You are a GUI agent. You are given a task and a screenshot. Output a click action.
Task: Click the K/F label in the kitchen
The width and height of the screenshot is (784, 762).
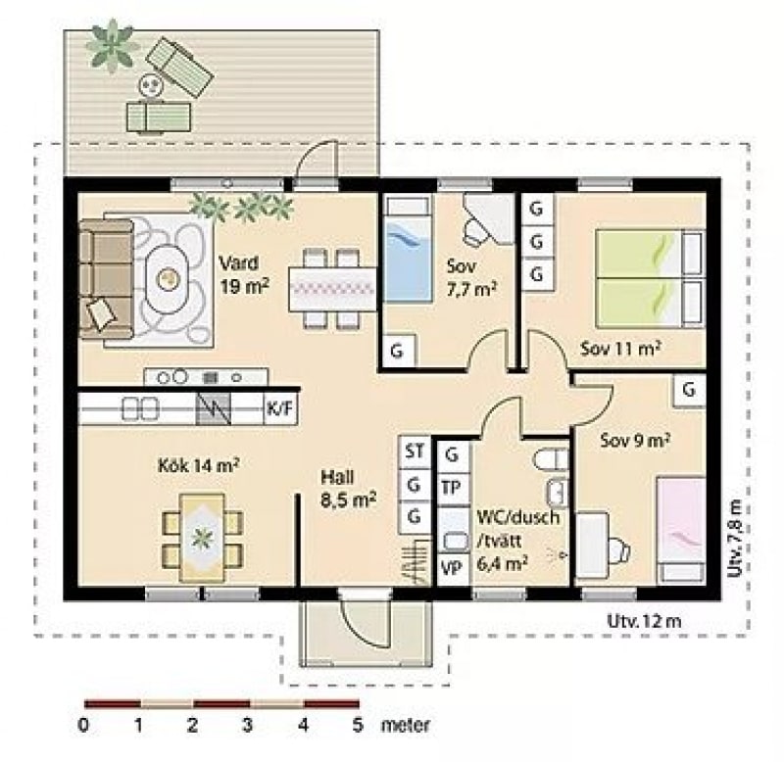point(279,408)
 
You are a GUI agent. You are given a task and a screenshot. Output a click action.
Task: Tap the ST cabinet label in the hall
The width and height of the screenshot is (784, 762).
point(415,452)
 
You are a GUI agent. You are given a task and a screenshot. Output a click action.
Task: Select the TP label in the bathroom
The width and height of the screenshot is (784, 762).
point(451,487)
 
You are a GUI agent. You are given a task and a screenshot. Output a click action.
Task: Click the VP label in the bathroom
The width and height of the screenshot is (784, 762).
point(452,568)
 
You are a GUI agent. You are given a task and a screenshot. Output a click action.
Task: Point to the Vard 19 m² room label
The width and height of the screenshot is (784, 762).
point(244,274)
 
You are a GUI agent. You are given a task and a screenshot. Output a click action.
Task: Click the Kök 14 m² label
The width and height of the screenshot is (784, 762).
point(198,465)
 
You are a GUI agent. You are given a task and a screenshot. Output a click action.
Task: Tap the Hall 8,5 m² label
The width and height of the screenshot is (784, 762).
point(349,488)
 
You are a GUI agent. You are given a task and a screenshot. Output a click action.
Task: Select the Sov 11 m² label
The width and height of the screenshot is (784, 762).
point(620,348)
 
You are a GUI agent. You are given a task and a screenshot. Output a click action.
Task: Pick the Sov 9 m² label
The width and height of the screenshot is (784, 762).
point(635,440)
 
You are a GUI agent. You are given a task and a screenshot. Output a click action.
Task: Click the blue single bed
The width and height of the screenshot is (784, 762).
point(408,249)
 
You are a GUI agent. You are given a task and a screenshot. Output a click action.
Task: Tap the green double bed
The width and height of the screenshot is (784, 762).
point(650,279)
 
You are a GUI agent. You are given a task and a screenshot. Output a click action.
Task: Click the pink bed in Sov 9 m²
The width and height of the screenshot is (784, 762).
point(681,530)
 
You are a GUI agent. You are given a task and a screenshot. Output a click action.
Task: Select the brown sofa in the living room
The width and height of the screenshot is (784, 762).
point(106,278)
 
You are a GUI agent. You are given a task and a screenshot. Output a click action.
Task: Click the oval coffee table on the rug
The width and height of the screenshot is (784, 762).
point(168,279)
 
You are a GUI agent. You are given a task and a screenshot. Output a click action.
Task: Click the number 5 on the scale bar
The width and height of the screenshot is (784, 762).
point(357,725)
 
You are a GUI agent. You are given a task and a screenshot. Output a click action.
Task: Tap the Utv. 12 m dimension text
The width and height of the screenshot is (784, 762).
point(644,621)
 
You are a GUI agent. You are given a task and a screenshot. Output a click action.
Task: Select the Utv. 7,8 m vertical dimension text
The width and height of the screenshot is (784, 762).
point(733,538)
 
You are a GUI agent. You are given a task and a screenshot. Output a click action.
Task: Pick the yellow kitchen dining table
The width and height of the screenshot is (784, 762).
point(202,538)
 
